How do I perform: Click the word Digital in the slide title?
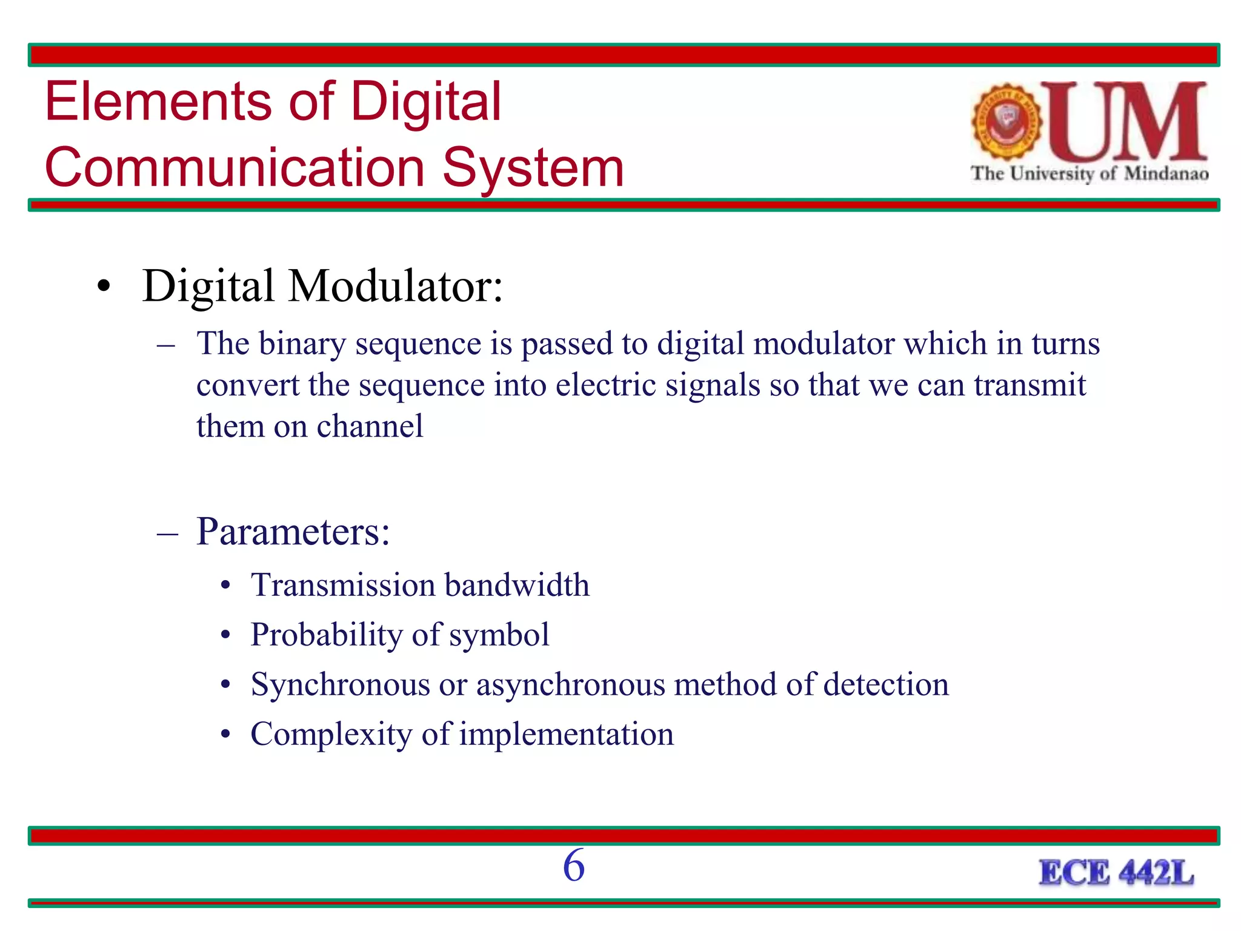425,102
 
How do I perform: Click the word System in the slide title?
533,168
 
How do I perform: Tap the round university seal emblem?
1006,121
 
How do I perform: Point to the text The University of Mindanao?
1089,174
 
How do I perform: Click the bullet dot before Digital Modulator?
104,287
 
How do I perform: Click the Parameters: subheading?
293,532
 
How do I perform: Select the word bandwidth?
517,585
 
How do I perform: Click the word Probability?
326,635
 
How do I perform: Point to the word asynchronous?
570,685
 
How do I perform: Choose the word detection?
885,685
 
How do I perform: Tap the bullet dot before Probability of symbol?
226,636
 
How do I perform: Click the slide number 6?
574,866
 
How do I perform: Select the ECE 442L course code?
1116,873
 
